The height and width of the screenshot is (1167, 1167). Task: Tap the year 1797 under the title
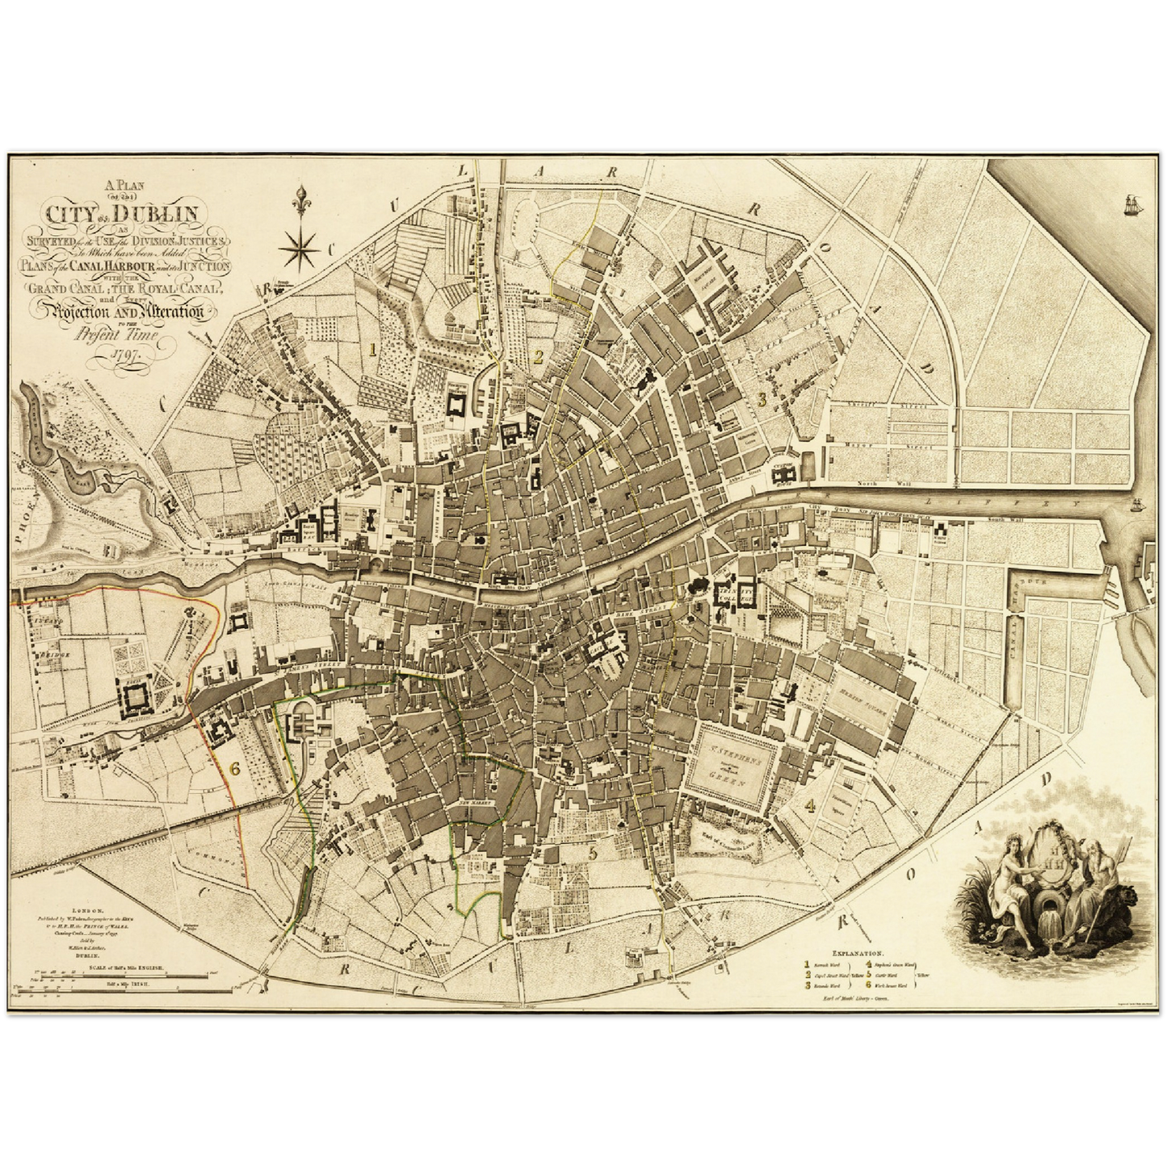(x=128, y=355)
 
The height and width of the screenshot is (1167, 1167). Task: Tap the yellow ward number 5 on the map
(x=593, y=853)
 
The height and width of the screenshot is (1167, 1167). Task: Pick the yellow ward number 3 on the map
(x=761, y=398)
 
